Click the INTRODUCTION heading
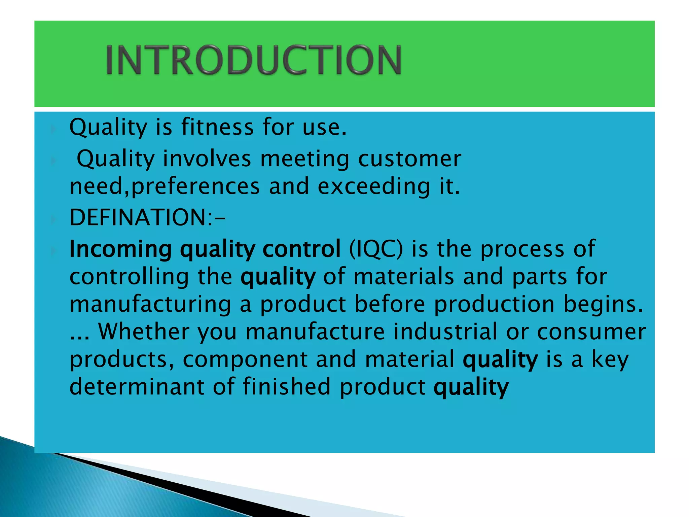pyautogui.click(x=254, y=60)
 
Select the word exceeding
pyautogui.click(x=373, y=187)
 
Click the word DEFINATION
pyautogui.click(x=141, y=217)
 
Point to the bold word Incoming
pyautogui.click(x=120, y=249)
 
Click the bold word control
pyautogui.click(x=301, y=249)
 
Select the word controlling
pyautogui.click(x=129, y=277)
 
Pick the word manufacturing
pyautogui.click(x=150, y=304)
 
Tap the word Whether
pyautogui.click(x=144, y=332)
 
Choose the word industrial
pyautogui.click(x=445, y=332)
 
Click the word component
pyautogui.click(x=245, y=359)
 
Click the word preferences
pyautogui.click(x=195, y=187)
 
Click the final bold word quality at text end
pyautogui.click(x=471, y=387)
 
